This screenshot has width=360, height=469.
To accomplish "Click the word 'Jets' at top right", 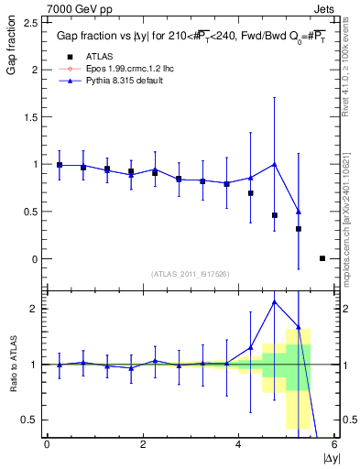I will pos(324,7).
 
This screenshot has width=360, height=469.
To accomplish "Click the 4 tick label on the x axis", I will pos(238,444).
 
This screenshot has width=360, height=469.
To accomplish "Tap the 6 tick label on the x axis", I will pos(333,444).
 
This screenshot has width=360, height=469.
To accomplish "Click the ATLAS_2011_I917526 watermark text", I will pos(189,274).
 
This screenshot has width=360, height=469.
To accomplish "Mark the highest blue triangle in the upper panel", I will pos(275,164).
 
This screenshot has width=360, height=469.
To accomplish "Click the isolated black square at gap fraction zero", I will pos(322,258).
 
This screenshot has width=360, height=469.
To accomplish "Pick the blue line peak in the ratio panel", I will pos(275,301).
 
